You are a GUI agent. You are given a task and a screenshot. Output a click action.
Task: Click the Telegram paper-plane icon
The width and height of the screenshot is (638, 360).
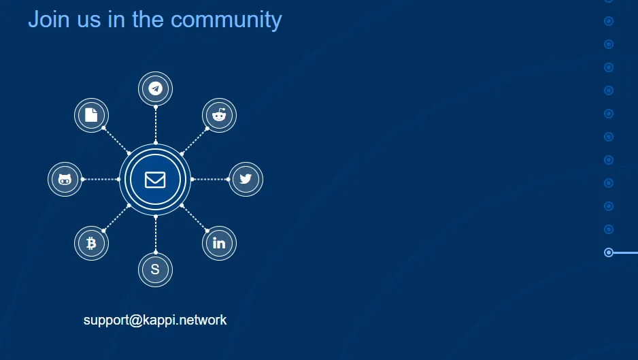point(156,88)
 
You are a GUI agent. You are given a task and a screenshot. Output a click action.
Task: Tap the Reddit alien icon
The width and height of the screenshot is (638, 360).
point(219,115)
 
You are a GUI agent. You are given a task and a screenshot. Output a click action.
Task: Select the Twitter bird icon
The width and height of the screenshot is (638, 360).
point(246,179)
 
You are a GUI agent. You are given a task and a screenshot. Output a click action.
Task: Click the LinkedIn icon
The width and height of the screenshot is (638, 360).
point(219,243)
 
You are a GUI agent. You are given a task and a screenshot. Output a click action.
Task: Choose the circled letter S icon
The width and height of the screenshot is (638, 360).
point(155,269)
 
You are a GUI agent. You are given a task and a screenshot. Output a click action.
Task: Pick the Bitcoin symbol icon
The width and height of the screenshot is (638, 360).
point(91,243)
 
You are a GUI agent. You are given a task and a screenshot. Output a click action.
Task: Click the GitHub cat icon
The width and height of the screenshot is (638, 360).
point(65,179)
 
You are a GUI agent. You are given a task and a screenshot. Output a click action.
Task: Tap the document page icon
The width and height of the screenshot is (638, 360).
point(91,115)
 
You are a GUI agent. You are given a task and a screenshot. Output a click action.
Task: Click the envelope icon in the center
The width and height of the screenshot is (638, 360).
point(155,180)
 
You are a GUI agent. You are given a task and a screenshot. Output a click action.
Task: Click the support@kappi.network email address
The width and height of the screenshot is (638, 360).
point(155,320)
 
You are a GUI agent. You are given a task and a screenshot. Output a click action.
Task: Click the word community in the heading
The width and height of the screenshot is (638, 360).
point(226,20)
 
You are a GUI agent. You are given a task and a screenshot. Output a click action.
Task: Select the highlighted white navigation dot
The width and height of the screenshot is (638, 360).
point(609,252)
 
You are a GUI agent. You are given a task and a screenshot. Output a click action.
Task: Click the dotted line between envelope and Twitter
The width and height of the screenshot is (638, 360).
point(210,179)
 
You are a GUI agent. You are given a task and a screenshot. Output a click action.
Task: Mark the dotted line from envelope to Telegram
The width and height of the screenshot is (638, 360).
point(156,125)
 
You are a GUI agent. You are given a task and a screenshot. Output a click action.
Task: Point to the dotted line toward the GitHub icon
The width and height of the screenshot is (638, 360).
point(101,179)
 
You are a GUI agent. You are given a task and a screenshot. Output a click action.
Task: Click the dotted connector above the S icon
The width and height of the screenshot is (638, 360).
point(156,235)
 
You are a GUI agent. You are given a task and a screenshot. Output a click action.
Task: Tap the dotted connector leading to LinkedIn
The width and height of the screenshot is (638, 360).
point(195,218)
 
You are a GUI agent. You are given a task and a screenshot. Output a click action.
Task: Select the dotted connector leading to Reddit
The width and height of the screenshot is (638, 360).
point(195,141)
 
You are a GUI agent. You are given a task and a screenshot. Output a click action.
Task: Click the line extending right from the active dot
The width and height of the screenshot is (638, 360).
point(625,253)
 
